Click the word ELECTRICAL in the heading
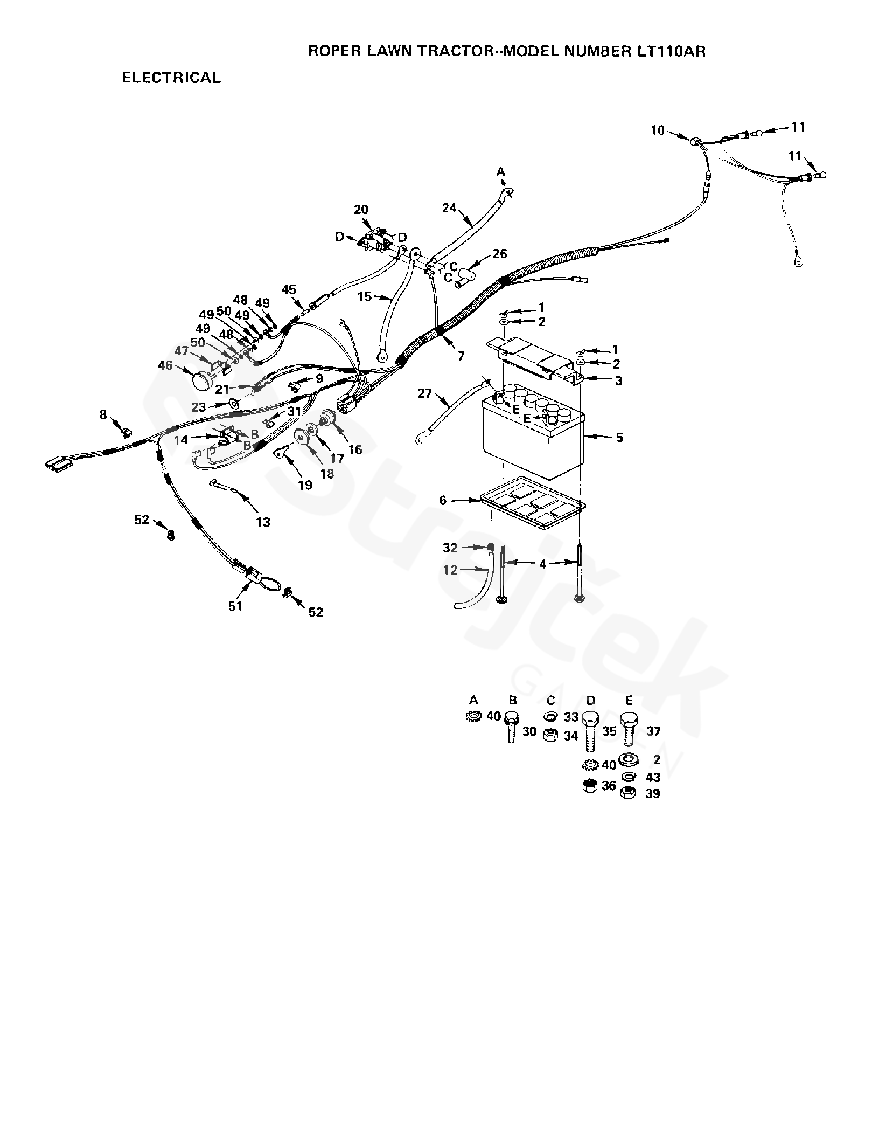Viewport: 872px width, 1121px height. [x=171, y=78]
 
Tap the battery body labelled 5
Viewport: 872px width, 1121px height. [x=531, y=445]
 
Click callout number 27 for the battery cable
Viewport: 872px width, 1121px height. [x=425, y=394]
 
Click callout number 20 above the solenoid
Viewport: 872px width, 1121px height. [x=361, y=210]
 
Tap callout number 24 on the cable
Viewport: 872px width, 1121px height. [x=450, y=207]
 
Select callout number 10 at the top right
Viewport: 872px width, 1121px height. [x=658, y=130]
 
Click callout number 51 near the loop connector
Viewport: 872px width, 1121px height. [x=235, y=606]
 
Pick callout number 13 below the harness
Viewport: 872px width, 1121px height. [x=263, y=522]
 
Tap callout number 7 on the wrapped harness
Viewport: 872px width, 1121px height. [x=461, y=356]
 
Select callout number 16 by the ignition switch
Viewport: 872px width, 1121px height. [x=355, y=449]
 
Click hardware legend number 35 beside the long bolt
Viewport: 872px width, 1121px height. [x=609, y=732]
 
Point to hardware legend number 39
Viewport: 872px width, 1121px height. [x=652, y=794]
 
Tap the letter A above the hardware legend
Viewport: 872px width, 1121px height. [x=473, y=700]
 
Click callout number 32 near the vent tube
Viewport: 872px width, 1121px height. [x=450, y=548]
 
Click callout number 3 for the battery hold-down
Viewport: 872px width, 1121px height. [x=618, y=381]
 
